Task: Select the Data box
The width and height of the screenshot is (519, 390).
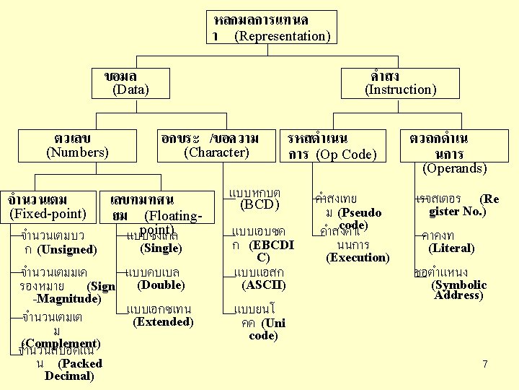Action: tap(130, 83)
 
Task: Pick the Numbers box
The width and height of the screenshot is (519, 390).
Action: tap(77, 145)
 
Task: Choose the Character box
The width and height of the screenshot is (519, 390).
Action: tap(216, 145)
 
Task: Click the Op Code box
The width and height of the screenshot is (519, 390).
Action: tap(332, 146)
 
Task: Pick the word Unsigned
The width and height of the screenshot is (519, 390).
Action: tap(67, 249)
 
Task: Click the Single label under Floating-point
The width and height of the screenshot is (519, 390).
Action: tap(161, 248)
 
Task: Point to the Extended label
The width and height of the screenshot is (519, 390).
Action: tap(163, 321)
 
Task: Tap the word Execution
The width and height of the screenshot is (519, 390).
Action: tap(358, 257)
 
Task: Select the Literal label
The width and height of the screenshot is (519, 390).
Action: tap(451, 248)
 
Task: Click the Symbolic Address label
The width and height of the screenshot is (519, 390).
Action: tap(458, 290)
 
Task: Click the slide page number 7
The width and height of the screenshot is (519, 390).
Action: tap(485, 365)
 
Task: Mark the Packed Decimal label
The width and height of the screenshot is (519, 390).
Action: tap(70, 370)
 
